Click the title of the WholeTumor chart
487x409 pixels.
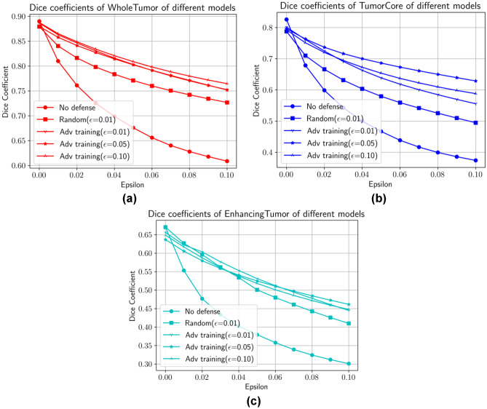(x=125, y=8)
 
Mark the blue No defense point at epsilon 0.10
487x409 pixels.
(x=475, y=160)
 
